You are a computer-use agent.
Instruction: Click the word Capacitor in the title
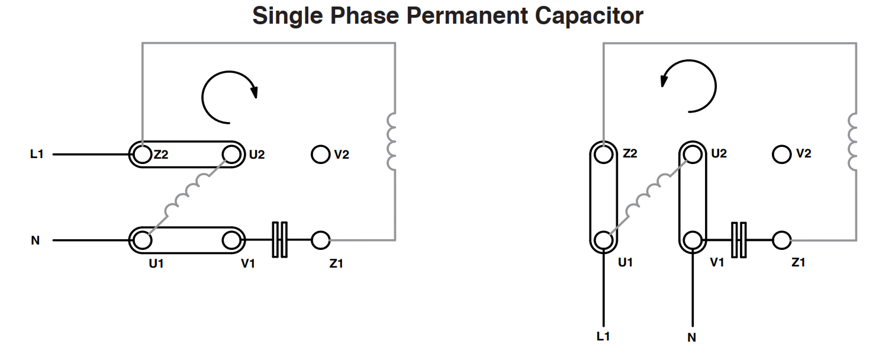589,16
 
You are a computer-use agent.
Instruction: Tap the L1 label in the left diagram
37,154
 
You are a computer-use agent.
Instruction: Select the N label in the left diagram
35,240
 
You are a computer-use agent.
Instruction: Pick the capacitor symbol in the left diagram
279,240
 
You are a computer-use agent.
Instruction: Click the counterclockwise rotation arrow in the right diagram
715,86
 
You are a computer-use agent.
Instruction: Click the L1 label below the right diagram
603,336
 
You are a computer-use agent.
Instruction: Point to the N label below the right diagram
691,337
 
